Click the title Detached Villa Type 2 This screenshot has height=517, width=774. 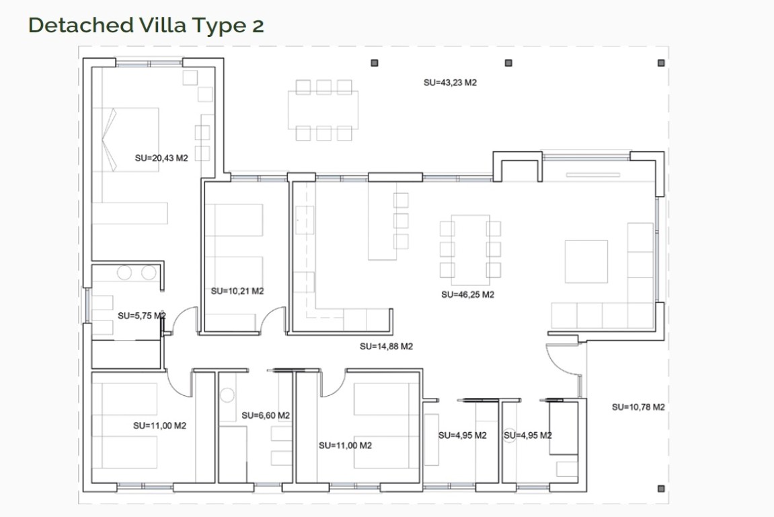tap(146, 25)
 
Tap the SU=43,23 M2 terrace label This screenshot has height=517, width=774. tap(450, 83)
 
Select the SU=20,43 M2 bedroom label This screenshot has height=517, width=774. tap(161, 158)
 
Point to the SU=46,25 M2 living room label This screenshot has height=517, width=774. tap(467, 295)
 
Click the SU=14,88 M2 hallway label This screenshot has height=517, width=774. tap(386, 347)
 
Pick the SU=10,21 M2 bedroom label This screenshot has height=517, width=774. tap(237, 291)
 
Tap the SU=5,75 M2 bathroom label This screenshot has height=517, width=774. tap(142, 316)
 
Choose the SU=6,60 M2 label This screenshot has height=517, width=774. tap(266, 415)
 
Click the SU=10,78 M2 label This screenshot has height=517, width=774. tap(638, 407)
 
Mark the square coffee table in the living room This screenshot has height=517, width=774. tap(586, 261)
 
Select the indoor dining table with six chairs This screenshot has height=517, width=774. tap(471, 250)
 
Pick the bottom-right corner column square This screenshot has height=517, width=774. tap(662, 489)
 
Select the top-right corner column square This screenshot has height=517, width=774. tap(662, 63)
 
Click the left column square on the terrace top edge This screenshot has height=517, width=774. tap(375, 63)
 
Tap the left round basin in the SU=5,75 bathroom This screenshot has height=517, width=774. tap(124, 273)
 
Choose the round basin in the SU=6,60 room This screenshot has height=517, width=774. tap(227, 395)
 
